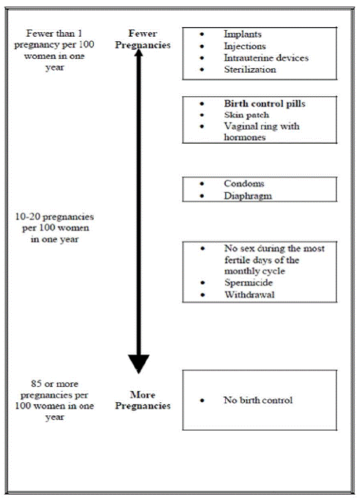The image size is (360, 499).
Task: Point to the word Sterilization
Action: pyautogui.click(x=249, y=70)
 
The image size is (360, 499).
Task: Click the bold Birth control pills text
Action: pyautogui.click(x=264, y=104)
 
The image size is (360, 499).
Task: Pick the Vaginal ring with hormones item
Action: pyautogui.click(x=261, y=132)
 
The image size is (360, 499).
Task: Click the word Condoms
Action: pyautogui.click(x=243, y=183)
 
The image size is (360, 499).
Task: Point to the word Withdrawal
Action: pyautogui.click(x=248, y=294)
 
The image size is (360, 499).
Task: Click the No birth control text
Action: pyautogui.click(x=257, y=401)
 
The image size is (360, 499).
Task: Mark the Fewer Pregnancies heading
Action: pyautogui.click(x=148, y=39)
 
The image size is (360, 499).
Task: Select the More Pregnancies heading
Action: pyautogui.click(x=148, y=400)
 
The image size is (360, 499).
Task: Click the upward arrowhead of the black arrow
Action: pyautogui.click(x=139, y=53)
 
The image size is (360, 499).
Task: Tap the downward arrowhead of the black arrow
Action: pyautogui.click(x=139, y=363)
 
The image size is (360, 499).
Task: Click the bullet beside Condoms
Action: pyautogui.click(x=203, y=184)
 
